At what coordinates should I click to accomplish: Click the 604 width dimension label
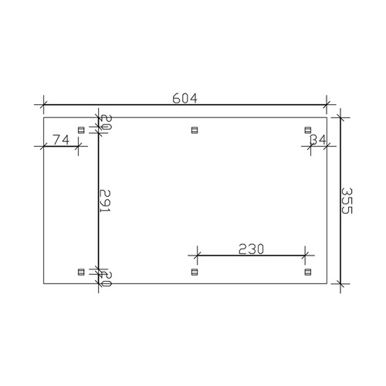pyautogui.click(x=186, y=98)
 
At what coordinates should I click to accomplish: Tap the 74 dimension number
pyautogui.click(x=62, y=139)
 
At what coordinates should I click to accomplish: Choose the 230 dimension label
pyautogui.click(x=251, y=249)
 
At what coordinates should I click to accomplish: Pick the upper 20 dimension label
pyautogui.click(x=107, y=122)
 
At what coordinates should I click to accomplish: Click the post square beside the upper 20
pyautogui.click(x=82, y=130)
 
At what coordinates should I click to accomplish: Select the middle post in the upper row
pyautogui.click(x=193, y=130)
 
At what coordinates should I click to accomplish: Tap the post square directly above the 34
pyautogui.click(x=307, y=130)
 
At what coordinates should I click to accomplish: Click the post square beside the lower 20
pyautogui.click(x=82, y=271)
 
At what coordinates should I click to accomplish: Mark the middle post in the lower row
pyautogui.click(x=193, y=271)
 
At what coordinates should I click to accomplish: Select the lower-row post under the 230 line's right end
pyautogui.click(x=307, y=271)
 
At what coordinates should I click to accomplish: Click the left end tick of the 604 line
pyautogui.click(x=44, y=103)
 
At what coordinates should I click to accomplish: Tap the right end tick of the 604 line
pyautogui.click(x=327, y=103)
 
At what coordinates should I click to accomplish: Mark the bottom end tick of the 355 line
pyautogui.click(x=340, y=284)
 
